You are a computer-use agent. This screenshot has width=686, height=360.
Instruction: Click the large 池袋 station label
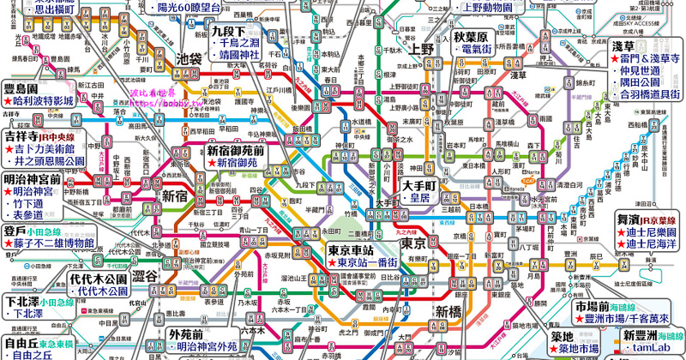(188, 60)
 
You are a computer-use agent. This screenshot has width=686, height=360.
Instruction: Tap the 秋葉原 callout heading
(471, 38)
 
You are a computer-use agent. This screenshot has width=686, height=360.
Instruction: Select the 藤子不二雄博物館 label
(52, 243)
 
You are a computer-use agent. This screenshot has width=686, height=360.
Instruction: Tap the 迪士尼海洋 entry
(651, 244)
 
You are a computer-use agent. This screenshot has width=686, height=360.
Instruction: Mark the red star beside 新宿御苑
(211, 162)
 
